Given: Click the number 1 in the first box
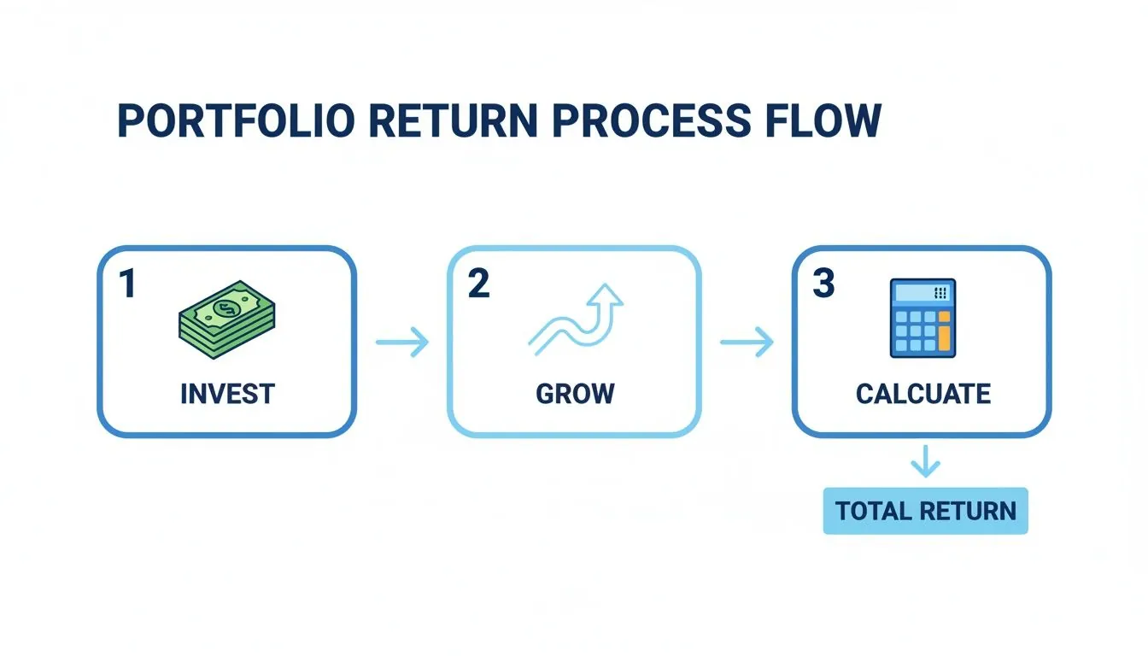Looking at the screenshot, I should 127,284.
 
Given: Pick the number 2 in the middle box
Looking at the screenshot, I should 479,284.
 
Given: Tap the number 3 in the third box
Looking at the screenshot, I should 823,284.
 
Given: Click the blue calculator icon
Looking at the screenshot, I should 922,318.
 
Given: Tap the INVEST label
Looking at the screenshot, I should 227,394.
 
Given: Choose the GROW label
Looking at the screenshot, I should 575,394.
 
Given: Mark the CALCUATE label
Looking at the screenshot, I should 922,394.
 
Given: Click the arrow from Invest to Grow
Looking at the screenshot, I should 402,343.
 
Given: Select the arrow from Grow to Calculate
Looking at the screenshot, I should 747,343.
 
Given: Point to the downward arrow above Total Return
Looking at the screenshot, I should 925,463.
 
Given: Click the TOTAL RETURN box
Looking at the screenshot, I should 925,511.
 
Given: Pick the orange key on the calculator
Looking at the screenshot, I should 944,334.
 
